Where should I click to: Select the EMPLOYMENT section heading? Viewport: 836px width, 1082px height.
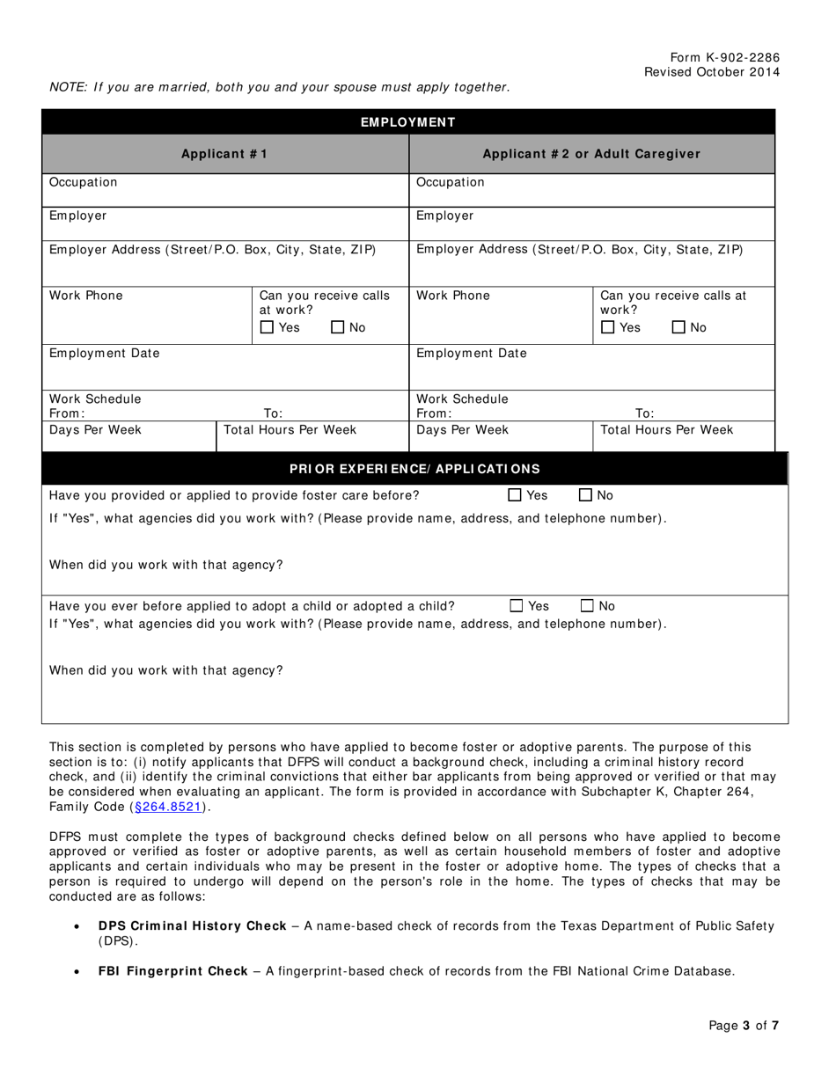[408, 122]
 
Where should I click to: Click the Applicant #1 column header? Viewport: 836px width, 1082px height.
[224, 154]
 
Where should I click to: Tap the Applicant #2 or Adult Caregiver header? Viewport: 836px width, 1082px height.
[591, 154]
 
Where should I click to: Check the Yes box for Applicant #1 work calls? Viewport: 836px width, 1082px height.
[268, 328]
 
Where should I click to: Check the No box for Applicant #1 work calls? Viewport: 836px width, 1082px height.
[338, 328]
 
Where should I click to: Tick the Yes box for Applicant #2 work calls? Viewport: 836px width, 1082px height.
[608, 328]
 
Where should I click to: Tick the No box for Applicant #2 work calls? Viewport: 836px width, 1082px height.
[678, 328]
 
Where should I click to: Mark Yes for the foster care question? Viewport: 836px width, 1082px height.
[515, 495]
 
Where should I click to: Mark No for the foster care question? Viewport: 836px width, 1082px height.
[585, 495]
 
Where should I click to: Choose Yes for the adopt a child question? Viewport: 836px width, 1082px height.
[517, 606]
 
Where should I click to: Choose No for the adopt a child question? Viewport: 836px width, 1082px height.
[587, 606]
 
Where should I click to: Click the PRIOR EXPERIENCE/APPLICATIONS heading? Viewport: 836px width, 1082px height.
[414, 469]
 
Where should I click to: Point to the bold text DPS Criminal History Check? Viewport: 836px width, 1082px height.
[192, 925]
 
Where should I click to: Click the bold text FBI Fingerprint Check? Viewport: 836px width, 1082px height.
[172, 971]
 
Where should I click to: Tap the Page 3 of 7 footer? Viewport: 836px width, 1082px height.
[744, 1025]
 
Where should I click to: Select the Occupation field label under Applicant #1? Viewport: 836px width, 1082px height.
[83, 182]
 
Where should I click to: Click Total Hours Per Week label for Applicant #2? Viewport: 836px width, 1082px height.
[666, 430]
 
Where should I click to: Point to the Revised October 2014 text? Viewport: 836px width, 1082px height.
[711, 72]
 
